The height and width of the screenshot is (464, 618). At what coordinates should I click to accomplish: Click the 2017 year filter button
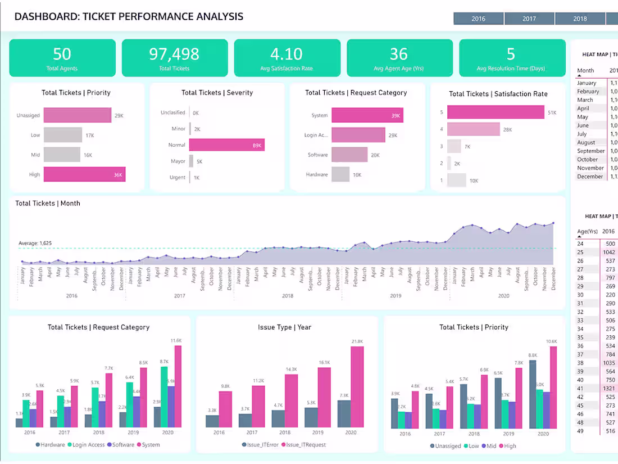pos(529,19)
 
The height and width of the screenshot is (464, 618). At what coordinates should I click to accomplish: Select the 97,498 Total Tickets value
pos(174,54)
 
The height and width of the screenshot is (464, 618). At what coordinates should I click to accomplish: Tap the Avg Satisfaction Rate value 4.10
pos(287,54)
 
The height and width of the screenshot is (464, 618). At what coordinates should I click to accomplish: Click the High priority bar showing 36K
pos(84,174)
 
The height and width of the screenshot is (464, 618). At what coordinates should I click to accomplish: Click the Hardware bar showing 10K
pos(340,174)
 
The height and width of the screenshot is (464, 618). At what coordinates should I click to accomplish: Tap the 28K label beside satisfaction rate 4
pos(507,129)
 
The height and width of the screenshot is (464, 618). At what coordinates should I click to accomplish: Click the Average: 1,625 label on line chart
pos(35,244)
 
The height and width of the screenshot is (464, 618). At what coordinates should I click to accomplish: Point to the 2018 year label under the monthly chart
pos(287,296)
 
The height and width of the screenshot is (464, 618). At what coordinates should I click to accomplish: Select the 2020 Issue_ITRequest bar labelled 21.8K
pos(357,386)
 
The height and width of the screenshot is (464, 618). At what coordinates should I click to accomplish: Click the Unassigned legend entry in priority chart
pos(448,446)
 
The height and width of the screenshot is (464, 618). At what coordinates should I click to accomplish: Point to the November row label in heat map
pos(590,168)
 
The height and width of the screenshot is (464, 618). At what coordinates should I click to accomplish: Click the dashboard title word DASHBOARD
pos(46,16)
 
